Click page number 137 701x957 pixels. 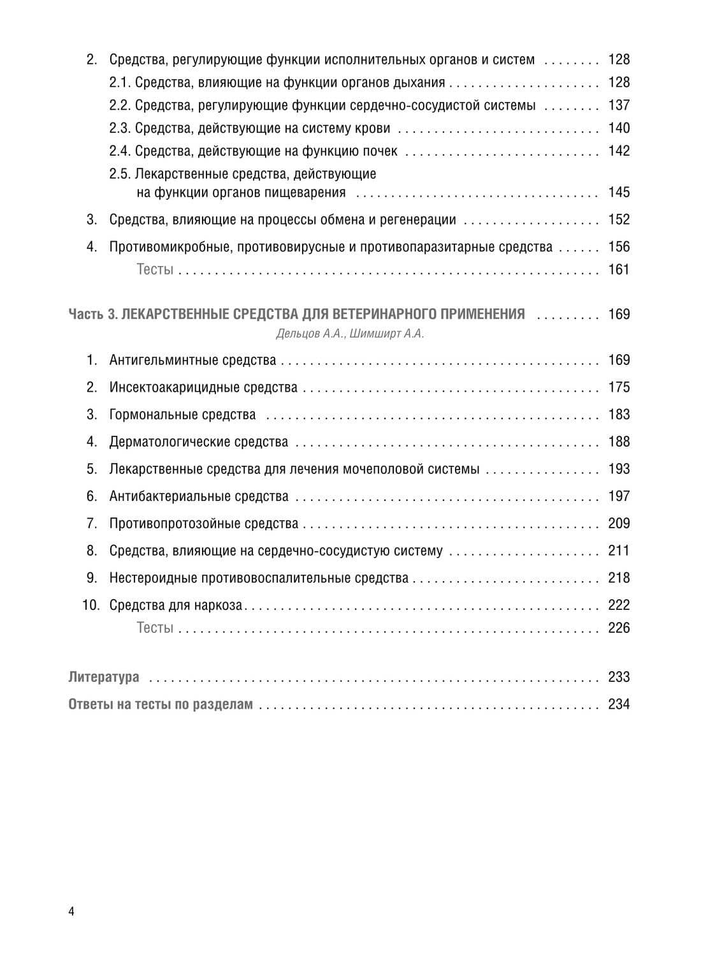619,105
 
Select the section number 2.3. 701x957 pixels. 120,128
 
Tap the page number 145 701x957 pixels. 619,193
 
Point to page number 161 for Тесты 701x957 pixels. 619,270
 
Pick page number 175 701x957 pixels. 619,387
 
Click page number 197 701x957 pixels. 619,496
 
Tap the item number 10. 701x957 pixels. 91,605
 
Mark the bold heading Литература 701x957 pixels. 103,677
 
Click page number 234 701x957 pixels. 619,704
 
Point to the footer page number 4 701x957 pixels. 71,912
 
